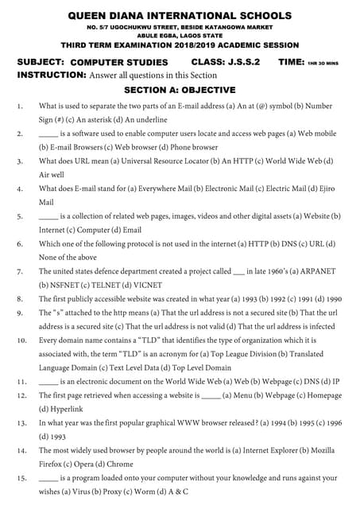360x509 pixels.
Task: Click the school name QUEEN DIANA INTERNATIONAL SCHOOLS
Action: click(180, 15)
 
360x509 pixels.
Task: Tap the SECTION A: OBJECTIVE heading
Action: click(180, 90)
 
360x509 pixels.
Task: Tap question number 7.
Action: click(19, 271)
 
